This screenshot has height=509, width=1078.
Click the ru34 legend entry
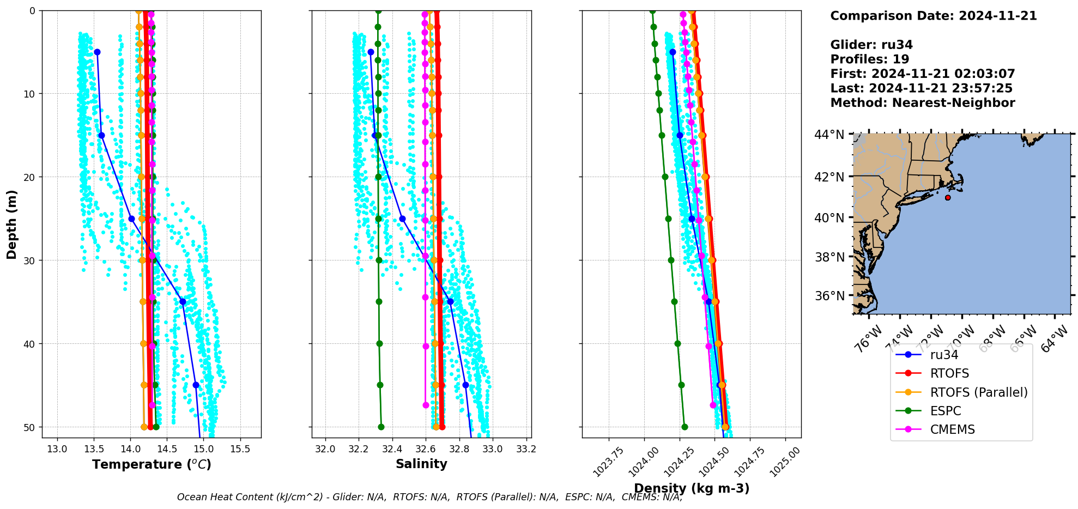click(943, 355)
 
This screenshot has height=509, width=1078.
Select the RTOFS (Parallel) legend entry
click(978, 392)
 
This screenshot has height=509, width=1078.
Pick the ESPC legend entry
click(945, 411)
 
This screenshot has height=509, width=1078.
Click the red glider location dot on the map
click(948, 197)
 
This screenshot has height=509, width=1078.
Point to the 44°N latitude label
click(829, 135)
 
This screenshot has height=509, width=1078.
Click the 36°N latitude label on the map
click(829, 296)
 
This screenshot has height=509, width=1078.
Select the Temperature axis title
click(152, 464)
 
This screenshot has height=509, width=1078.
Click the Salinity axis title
click(421, 464)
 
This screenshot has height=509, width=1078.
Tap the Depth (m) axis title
click(12, 225)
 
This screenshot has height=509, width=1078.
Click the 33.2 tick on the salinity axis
click(526, 449)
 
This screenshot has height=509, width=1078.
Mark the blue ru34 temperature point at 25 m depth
click(131, 219)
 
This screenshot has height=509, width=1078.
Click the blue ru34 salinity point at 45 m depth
click(465, 385)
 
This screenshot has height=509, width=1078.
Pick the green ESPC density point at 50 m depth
click(685, 427)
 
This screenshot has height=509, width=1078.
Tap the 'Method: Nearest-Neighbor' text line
click(922, 103)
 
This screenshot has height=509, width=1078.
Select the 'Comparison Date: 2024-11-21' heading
click(933, 16)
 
